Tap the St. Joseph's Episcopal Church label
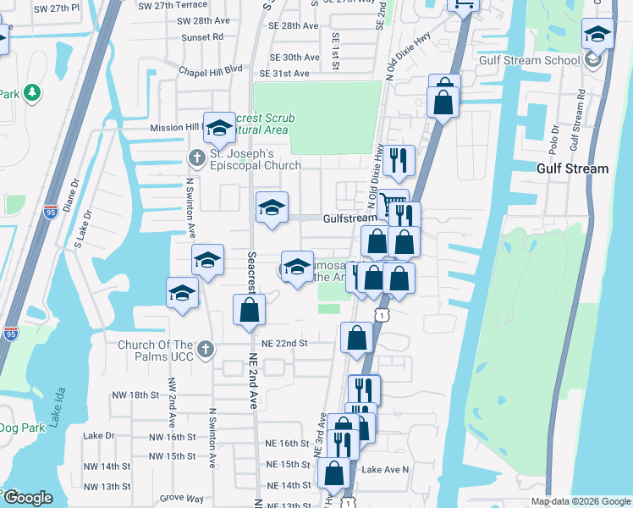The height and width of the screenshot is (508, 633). (x=255, y=160)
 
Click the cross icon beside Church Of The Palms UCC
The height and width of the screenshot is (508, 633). (x=205, y=349)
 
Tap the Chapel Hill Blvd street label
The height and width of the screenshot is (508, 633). (x=210, y=69)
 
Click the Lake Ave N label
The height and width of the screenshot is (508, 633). (x=385, y=469)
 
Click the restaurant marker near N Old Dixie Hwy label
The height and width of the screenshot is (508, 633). (x=398, y=159)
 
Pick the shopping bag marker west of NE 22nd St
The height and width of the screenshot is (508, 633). (x=249, y=310)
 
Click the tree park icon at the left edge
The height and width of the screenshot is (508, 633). (x=32, y=92)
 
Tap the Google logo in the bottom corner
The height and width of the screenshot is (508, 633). (x=28, y=498)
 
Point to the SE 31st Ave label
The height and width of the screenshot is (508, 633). (x=289, y=74)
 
